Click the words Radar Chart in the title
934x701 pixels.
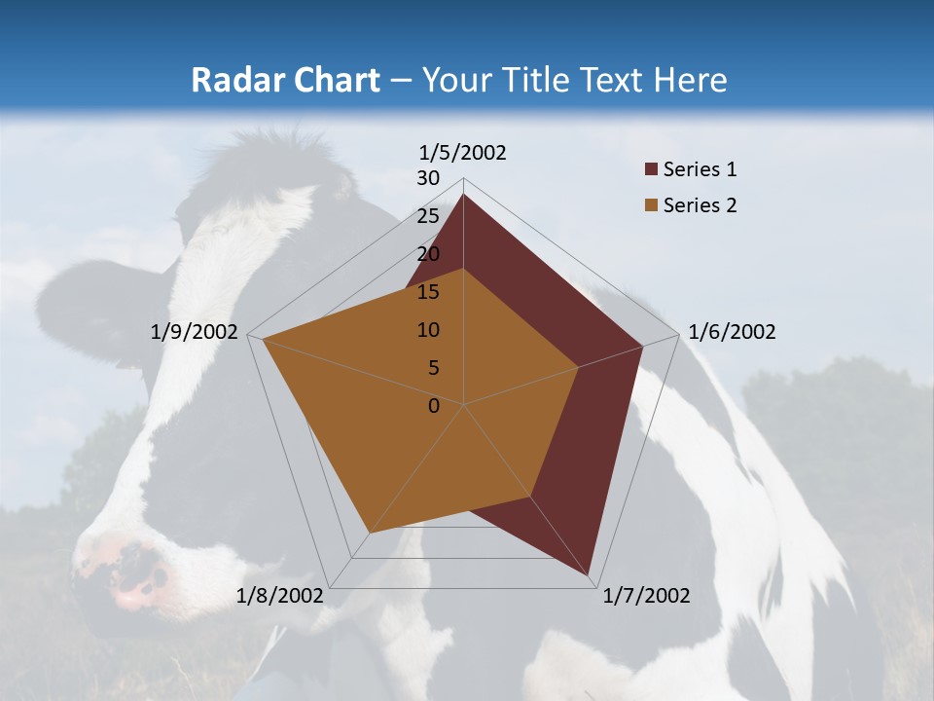point(285,80)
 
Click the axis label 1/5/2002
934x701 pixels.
point(463,152)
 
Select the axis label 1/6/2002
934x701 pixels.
point(732,332)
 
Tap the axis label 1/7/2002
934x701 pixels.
point(646,596)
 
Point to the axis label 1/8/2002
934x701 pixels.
point(280,596)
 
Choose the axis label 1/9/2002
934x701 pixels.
point(195,332)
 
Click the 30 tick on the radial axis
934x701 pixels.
point(428,178)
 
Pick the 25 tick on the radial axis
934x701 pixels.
point(428,216)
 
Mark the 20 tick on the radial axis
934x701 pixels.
point(428,254)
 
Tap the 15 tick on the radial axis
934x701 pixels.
point(428,292)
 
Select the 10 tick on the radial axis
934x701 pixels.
point(428,330)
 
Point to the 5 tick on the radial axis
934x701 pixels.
point(433,368)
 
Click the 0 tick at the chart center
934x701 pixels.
point(434,406)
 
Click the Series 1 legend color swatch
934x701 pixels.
point(651,169)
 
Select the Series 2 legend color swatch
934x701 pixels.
point(651,205)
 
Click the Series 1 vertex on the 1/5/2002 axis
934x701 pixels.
point(463,194)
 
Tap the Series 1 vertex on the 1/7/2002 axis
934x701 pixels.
point(588,574)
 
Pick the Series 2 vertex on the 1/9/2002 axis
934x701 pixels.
point(263,339)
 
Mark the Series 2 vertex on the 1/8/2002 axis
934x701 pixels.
point(370,534)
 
